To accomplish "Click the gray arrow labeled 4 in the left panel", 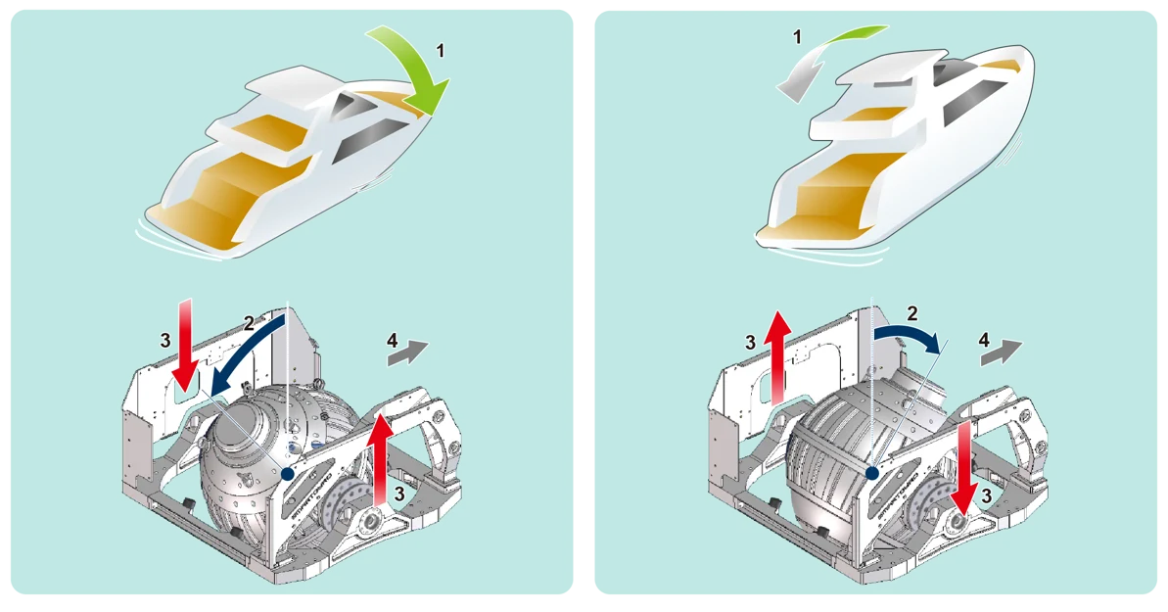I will coord(408,351).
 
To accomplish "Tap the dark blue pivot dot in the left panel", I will coord(287,474).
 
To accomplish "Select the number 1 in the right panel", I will coord(797,37).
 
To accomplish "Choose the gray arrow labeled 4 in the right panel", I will coord(1002,350).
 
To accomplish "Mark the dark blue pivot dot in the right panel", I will coord(870,473).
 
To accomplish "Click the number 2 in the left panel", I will coord(249,321).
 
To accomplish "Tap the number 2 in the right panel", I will coord(912,313).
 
